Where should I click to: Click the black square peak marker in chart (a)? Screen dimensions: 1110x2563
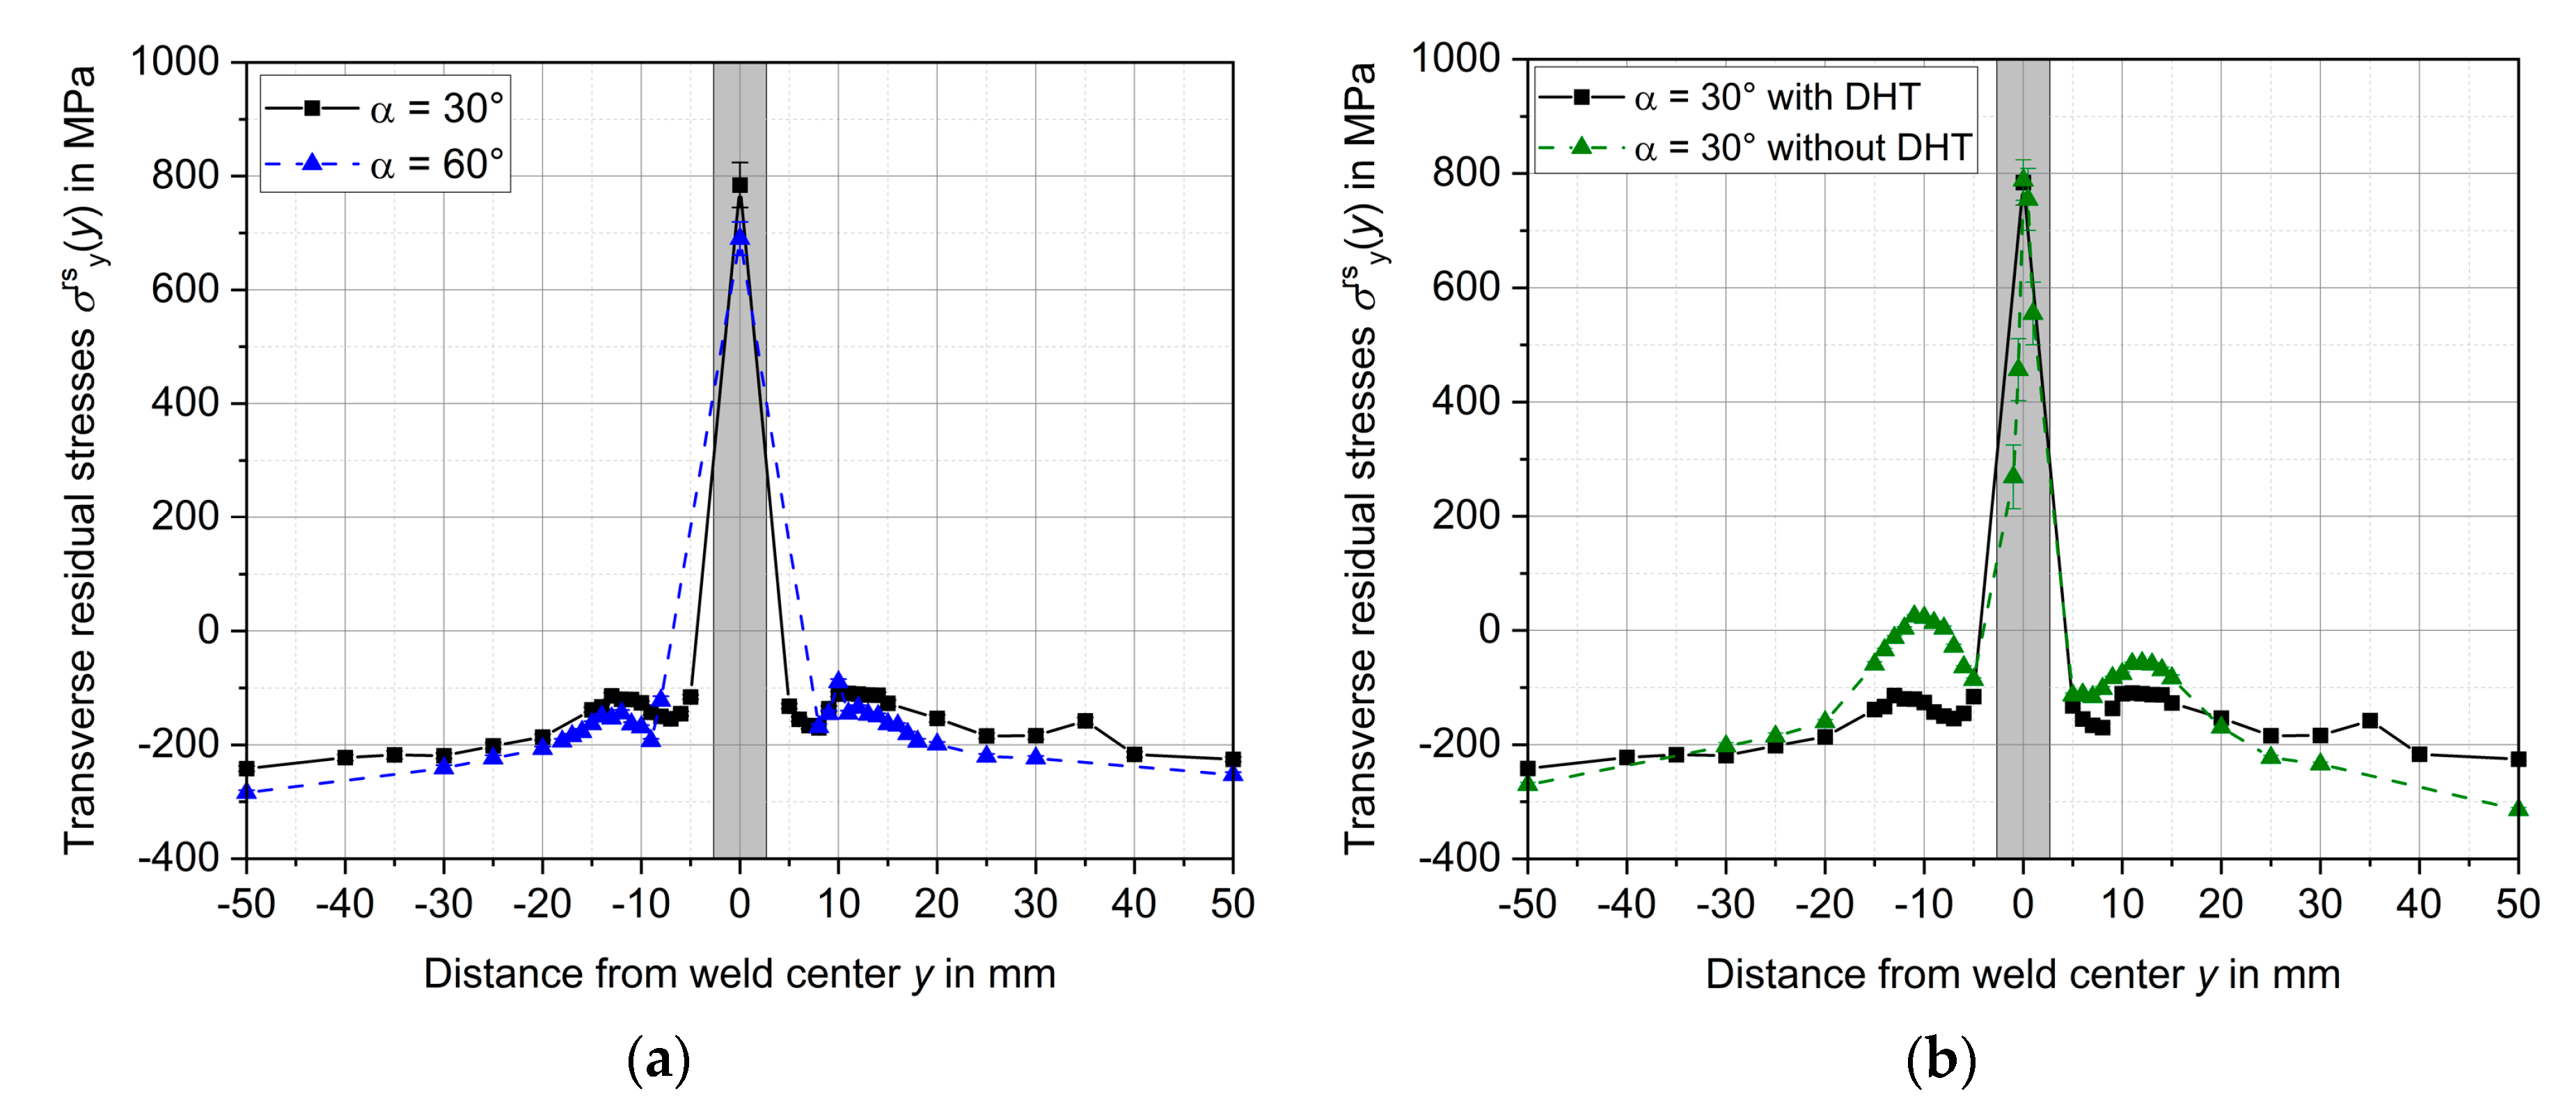(x=739, y=185)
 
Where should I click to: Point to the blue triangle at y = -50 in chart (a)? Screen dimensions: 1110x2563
(x=246, y=792)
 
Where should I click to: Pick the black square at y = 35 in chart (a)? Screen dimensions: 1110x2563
(x=1085, y=721)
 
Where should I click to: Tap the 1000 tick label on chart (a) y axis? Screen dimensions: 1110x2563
(x=175, y=62)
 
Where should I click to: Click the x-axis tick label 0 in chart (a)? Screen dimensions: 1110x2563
(x=739, y=904)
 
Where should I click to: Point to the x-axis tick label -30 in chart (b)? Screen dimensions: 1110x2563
(x=1724, y=904)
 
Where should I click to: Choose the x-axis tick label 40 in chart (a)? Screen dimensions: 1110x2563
(x=1133, y=904)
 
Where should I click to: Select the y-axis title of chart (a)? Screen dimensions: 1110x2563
(x=81, y=458)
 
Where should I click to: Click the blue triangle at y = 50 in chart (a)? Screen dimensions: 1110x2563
(x=1232, y=772)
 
